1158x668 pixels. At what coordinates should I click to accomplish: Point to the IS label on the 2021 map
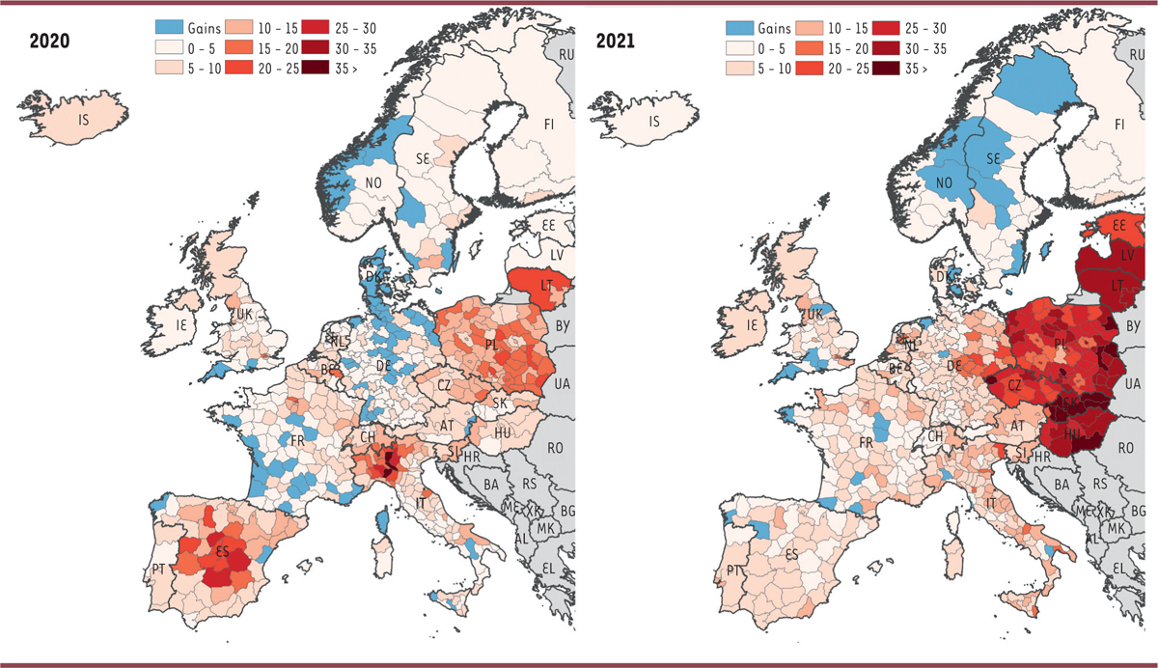click(x=654, y=122)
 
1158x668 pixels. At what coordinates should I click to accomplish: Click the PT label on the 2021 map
click(x=734, y=570)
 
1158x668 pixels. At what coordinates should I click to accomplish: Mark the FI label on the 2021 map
click(x=1120, y=125)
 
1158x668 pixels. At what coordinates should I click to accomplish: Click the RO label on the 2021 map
click(x=1125, y=448)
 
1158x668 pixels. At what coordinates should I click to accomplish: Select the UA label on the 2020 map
click(x=561, y=384)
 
